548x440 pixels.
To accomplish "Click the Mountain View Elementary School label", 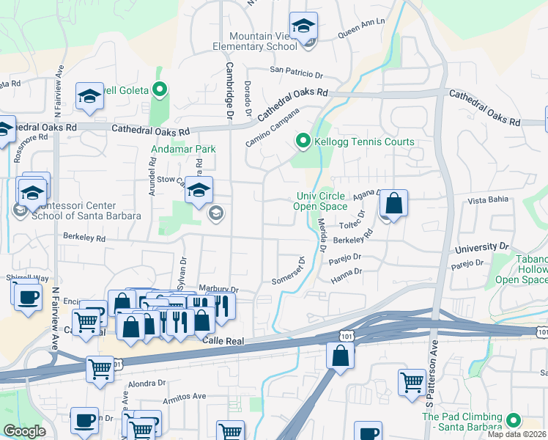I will [263, 41].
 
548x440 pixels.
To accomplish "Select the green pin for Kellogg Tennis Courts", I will [302, 141].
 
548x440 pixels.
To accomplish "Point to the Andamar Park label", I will [183, 149].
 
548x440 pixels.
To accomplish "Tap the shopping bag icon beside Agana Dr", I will [393, 205].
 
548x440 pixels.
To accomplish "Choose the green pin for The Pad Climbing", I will [514, 421].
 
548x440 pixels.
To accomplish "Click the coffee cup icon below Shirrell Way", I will [29, 298].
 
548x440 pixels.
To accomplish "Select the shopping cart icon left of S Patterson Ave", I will [412, 381].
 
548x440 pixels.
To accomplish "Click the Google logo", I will [24, 431].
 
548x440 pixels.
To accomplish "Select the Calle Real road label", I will [222, 341].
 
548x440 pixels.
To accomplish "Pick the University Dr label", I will [481, 248].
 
